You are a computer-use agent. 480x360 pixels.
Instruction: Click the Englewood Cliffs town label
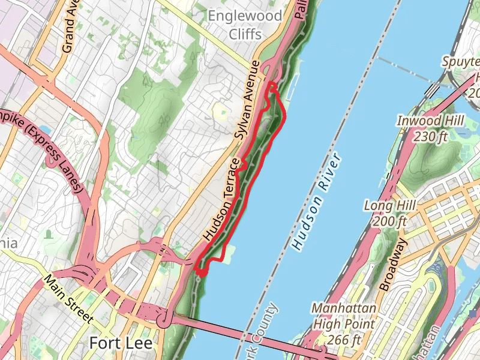(244, 24)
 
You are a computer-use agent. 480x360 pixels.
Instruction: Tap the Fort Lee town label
(121, 343)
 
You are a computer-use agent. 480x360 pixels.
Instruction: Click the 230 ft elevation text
(430, 137)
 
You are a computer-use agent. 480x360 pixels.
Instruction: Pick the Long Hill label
(390, 206)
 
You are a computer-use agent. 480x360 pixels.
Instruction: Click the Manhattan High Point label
(344, 317)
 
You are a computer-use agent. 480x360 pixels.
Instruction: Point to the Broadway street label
(394, 264)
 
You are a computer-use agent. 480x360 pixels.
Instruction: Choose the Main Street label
(68, 298)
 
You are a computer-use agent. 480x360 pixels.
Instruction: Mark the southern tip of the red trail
(201, 273)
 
